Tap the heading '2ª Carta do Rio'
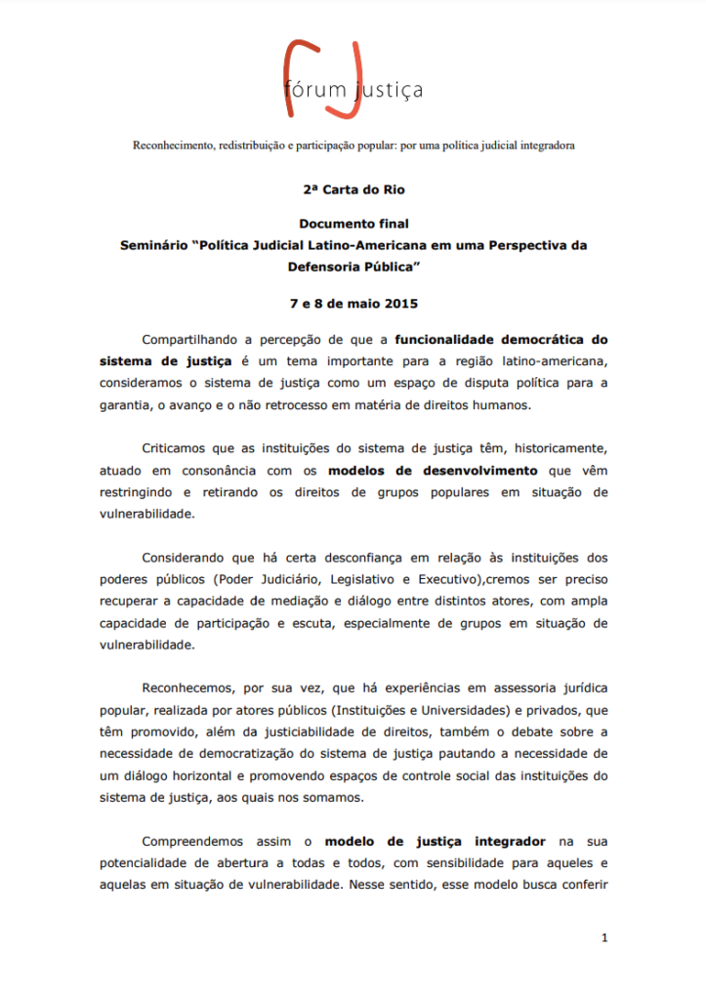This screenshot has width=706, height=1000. click(353, 190)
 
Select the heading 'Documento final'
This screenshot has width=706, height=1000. click(353, 224)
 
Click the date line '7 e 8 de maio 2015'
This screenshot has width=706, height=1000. click(353, 304)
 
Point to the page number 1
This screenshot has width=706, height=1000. click(604, 938)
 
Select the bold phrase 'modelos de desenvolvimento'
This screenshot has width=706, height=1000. click(432, 470)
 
